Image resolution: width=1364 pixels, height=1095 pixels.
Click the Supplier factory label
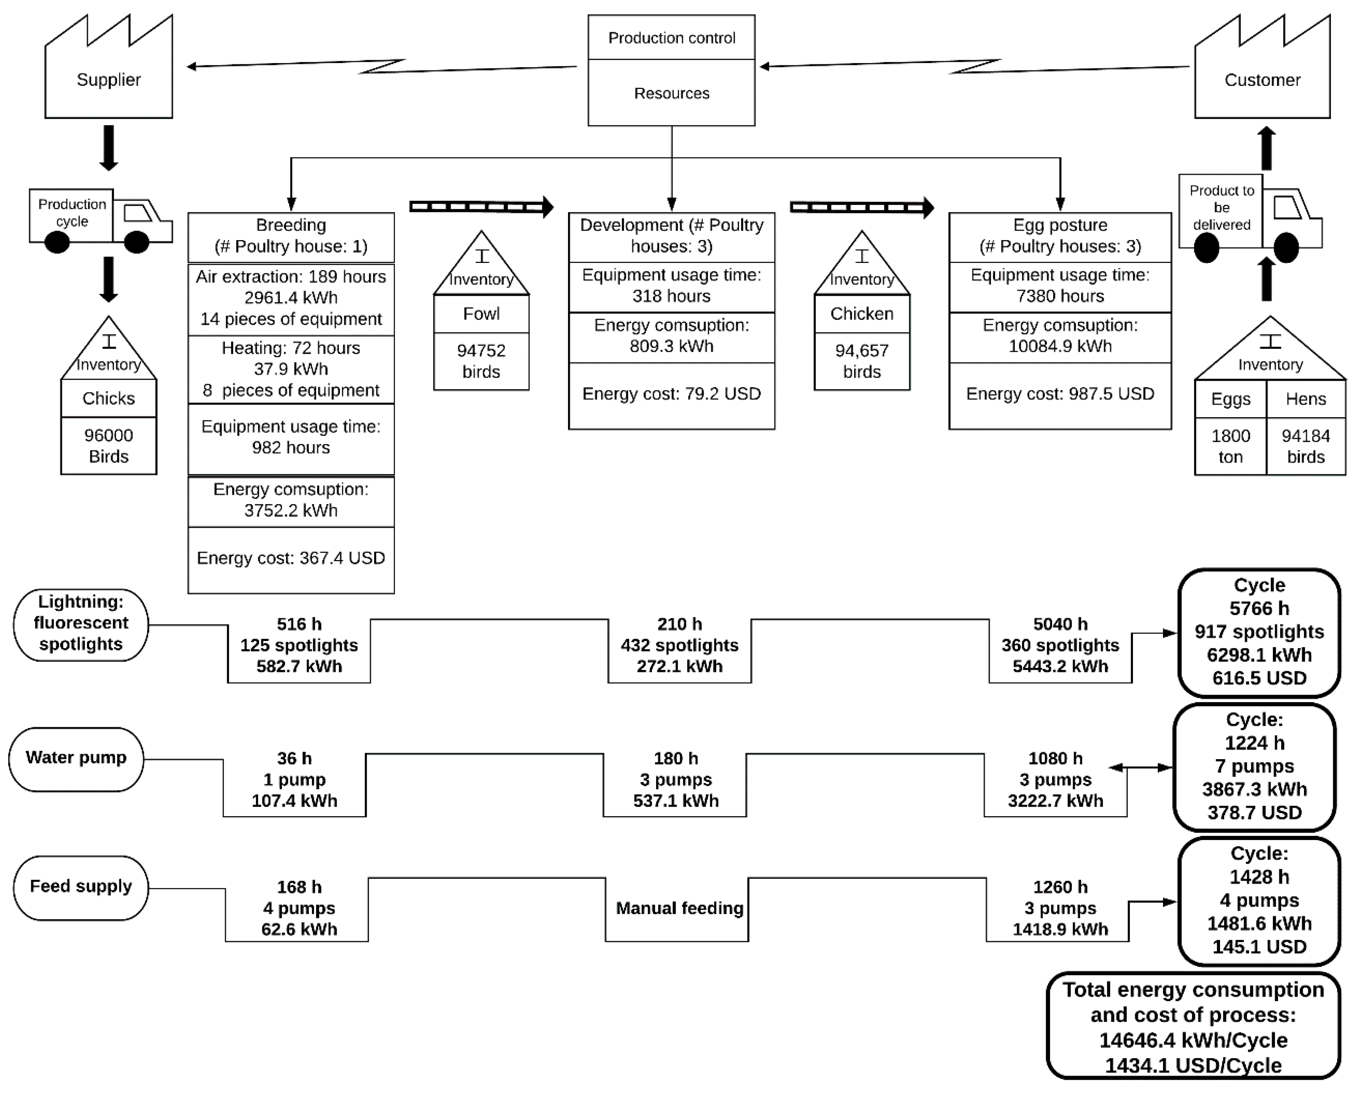pyautogui.click(x=108, y=80)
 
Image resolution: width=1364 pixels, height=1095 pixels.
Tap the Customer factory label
pyautogui.click(x=1262, y=80)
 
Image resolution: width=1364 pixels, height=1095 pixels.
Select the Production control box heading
pyautogui.click(x=671, y=38)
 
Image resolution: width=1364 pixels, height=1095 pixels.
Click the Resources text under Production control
pyautogui.click(x=671, y=93)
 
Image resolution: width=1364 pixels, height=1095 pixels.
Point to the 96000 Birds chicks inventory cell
pyautogui.click(x=108, y=446)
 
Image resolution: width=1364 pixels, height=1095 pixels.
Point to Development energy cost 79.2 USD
pyautogui.click(x=671, y=394)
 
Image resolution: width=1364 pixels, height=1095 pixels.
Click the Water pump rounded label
pyautogui.click(x=76, y=758)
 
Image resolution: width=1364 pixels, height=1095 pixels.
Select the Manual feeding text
pyautogui.click(x=679, y=908)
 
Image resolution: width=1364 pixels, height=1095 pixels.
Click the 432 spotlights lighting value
pyautogui.click(x=679, y=645)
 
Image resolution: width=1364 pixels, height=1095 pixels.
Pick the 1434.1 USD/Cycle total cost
pyautogui.click(x=1193, y=1066)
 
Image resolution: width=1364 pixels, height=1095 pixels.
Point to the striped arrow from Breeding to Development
pyautogui.click(x=481, y=207)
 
